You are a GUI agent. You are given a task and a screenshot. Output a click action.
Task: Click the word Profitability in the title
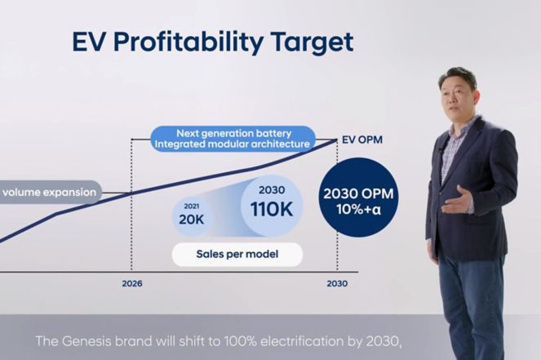click(188, 42)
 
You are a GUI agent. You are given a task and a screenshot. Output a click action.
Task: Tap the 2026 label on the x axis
click(132, 284)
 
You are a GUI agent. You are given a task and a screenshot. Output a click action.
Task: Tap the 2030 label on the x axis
click(337, 284)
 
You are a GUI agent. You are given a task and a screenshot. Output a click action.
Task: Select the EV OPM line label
click(362, 140)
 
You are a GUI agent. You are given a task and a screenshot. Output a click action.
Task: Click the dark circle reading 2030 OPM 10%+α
click(358, 198)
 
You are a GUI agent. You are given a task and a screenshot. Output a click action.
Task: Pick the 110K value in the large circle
click(272, 209)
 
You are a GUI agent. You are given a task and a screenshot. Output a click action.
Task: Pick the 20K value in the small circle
click(192, 220)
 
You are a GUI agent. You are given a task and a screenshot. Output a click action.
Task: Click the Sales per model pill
click(237, 255)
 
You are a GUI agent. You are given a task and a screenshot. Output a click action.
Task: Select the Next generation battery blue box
click(233, 139)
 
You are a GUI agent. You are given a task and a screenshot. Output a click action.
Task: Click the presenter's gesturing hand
click(458, 201)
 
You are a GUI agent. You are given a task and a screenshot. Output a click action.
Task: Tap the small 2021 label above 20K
click(192, 207)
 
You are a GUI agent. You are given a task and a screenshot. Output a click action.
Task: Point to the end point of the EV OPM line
click(337, 140)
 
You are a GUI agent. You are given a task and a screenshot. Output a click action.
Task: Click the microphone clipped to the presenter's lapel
click(441, 150)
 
